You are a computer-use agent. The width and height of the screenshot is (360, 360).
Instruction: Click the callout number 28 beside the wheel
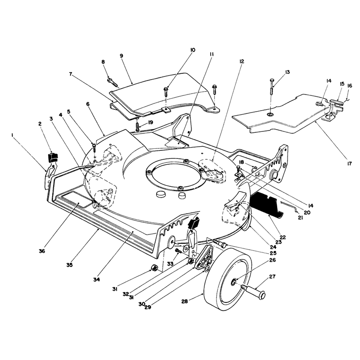click(x=184, y=301)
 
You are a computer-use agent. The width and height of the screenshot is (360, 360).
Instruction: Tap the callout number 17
click(x=349, y=164)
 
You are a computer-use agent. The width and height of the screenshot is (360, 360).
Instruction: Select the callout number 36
click(x=42, y=251)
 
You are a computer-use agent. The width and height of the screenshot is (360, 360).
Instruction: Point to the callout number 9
click(x=121, y=56)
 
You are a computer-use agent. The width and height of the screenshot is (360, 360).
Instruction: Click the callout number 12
click(x=241, y=61)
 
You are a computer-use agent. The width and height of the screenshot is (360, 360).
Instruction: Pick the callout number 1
click(x=12, y=135)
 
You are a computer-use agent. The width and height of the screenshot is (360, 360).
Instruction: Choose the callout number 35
click(x=70, y=265)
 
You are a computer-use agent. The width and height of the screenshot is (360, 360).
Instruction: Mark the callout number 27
click(x=272, y=277)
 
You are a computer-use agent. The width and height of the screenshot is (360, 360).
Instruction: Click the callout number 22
click(x=283, y=237)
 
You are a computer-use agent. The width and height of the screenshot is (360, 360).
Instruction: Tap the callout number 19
click(x=150, y=122)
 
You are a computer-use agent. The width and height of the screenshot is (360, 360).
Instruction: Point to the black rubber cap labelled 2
click(x=53, y=157)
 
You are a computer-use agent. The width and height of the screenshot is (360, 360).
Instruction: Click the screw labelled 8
click(x=113, y=83)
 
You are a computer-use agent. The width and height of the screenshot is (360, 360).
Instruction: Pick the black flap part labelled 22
click(x=266, y=205)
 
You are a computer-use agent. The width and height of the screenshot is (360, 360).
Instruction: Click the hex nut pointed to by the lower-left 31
click(x=153, y=268)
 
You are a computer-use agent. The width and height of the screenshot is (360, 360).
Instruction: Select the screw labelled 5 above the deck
click(x=94, y=147)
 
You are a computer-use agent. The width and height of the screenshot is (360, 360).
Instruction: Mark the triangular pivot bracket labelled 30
click(x=204, y=256)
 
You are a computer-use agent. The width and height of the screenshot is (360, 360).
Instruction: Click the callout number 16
click(x=350, y=85)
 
